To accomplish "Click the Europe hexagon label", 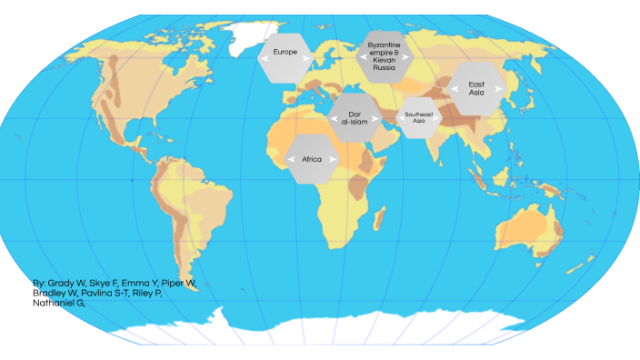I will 285,53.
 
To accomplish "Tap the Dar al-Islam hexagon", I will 355,117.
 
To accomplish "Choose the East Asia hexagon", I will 476,88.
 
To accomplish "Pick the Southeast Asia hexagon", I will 418,117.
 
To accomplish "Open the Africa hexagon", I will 312,159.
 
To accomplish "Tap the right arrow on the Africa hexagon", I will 335,159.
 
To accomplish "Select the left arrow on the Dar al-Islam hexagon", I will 334,117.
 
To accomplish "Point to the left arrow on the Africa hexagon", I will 290,159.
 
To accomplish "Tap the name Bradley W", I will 55,293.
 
